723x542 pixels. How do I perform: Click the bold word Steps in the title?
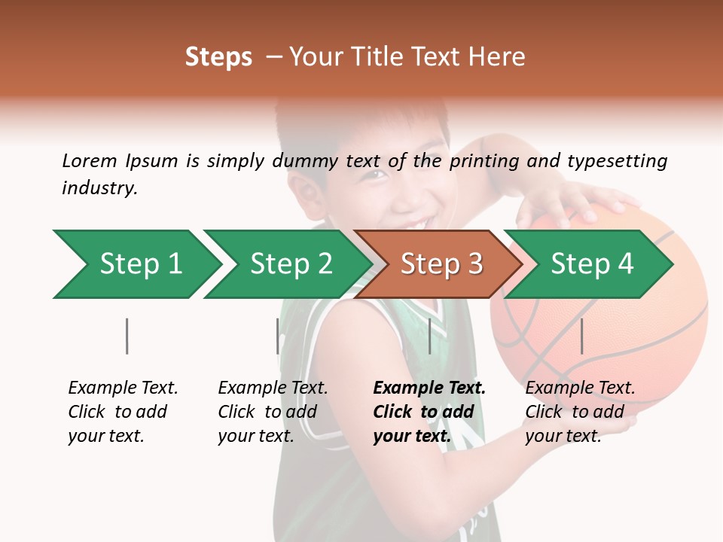218,57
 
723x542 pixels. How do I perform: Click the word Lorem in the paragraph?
90,160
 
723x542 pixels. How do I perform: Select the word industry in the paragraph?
99,188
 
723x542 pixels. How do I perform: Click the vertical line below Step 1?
127,336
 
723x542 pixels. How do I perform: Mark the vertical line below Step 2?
278,336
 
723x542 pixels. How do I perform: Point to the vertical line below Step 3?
429,336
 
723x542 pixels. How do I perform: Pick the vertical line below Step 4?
581,336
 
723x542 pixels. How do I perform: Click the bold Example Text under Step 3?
429,388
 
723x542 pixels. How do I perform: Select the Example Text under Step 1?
123,388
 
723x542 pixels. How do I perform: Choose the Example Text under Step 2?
273,388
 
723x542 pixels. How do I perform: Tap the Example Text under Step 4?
580,388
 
